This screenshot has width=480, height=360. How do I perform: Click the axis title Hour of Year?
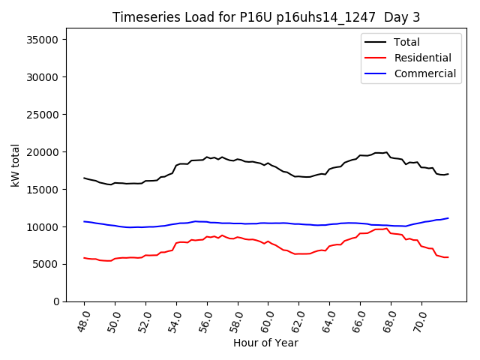[x=265, y=343]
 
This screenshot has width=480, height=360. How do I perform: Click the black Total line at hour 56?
[x=207, y=157]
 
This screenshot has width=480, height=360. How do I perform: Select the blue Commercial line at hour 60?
[x=268, y=223]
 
